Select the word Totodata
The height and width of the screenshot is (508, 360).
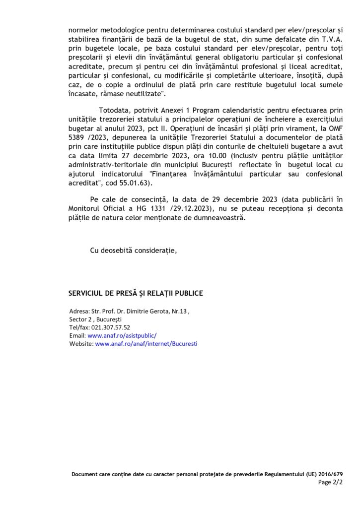pos(115,110)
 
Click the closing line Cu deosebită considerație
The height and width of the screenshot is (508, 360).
pos(133,251)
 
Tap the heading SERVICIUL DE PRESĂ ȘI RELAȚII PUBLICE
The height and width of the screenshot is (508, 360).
pos(136,293)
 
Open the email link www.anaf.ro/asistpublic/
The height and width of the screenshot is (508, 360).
pos(122,335)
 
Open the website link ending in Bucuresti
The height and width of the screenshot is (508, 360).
pos(146,343)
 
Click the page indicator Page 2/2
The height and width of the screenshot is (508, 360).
pos(330,482)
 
